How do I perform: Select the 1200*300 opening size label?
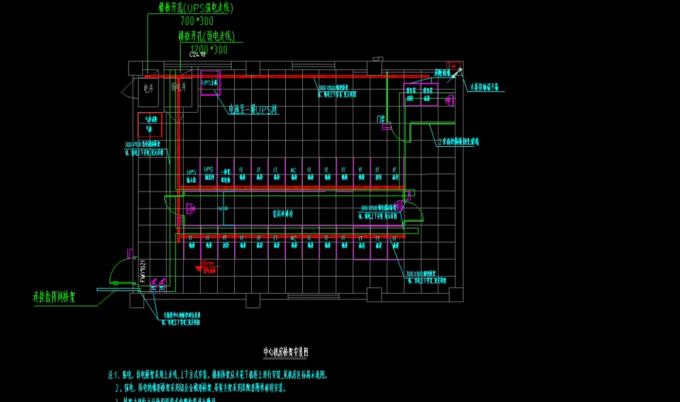[x=208, y=49]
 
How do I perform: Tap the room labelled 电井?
[x=149, y=88]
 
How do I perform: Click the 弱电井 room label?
[x=179, y=88]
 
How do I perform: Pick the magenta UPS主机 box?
[x=209, y=83]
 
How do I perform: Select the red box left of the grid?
[x=151, y=124]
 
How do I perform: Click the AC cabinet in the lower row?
[x=293, y=240]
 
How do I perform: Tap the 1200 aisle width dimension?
[x=222, y=207]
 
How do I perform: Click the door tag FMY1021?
[x=143, y=271]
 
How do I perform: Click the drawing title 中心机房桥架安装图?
[x=286, y=352]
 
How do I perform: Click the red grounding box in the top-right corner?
[x=451, y=66]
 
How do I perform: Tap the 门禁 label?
[x=380, y=118]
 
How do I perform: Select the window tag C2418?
[x=198, y=55]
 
